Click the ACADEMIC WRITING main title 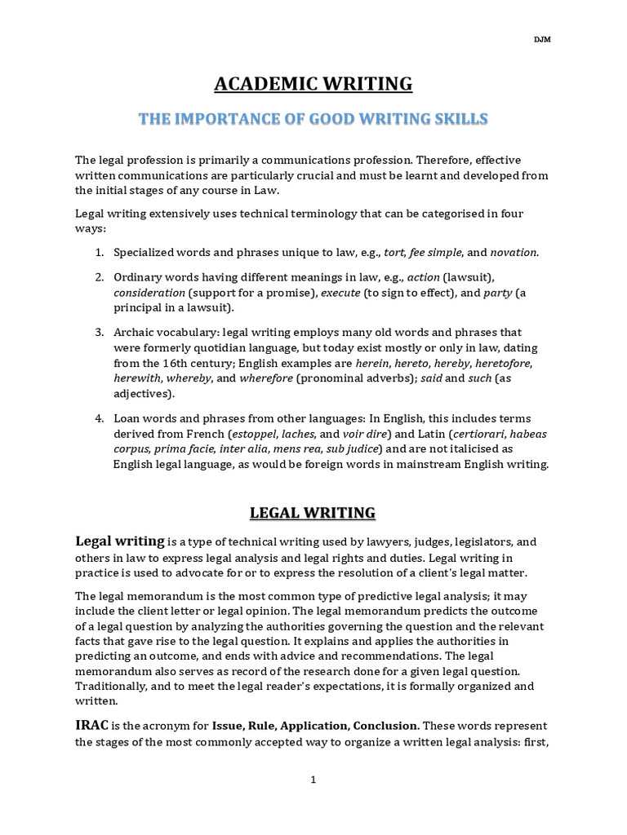click(x=313, y=84)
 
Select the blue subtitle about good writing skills click(x=313, y=120)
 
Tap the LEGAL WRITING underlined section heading click(x=313, y=513)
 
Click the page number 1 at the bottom click(x=313, y=780)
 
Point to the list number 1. click(x=98, y=253)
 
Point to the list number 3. click(x=98, y=332)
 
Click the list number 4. click(x=98, y=418)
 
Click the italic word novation click(x=514, y=253)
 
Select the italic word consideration click(x=149, y=292)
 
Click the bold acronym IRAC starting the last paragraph click(x=92, y=725)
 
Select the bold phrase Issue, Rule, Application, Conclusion click(x=316, y=726)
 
